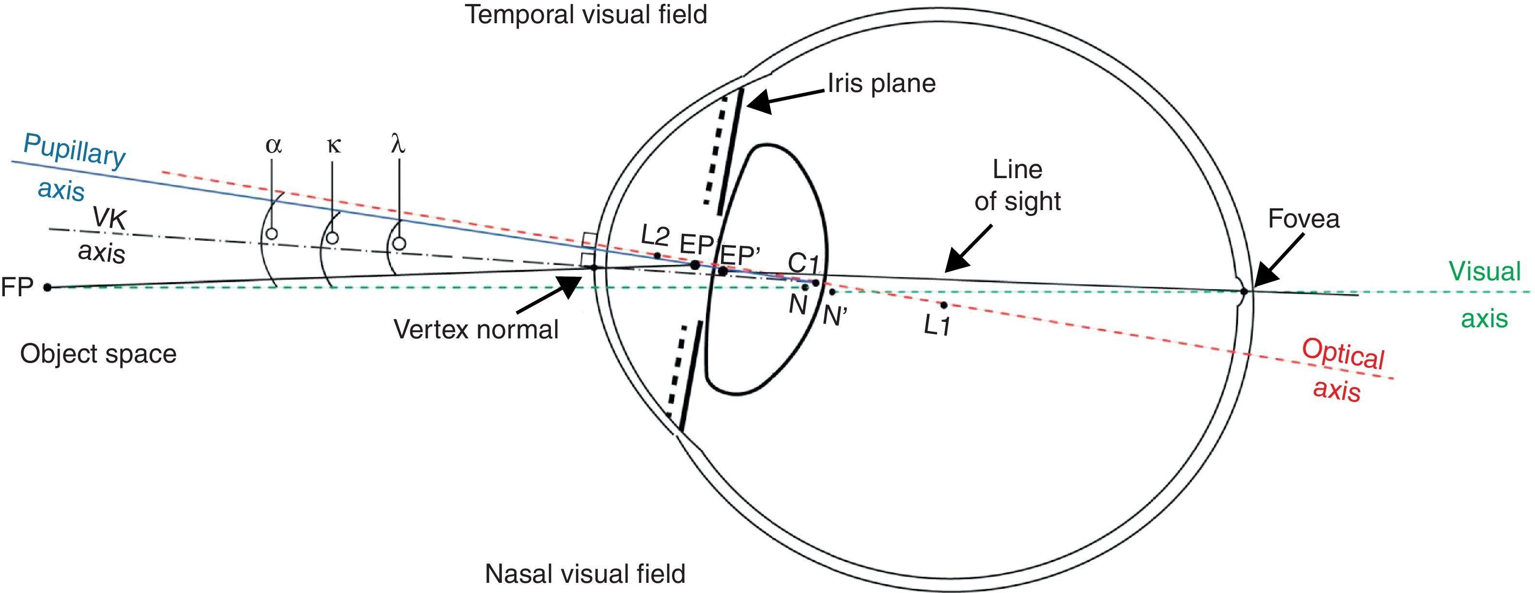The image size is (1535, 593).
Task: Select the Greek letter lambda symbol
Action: coord(398,144)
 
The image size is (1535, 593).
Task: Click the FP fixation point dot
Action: coord(47,288)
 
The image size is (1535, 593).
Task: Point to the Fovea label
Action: coord(1303,219)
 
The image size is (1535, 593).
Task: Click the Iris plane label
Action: coord(881,83)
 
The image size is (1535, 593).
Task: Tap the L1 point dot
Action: coord(943,305)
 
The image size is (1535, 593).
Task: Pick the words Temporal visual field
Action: coord(586,15)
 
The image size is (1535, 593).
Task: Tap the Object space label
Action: coord(98,354)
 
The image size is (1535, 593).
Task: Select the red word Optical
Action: coord(1343,355)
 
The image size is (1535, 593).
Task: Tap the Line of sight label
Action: coord(1017,186)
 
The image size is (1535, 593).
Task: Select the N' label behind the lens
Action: coord(834,316)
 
